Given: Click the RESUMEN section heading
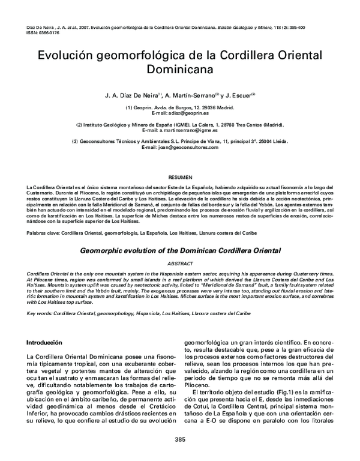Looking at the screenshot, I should pyautogui.click(x=180, y=178).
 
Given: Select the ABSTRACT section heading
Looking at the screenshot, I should pyautogui.click(x=180, y=264).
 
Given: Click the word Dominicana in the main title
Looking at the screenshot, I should pyautogui.click(x=180, y=70).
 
